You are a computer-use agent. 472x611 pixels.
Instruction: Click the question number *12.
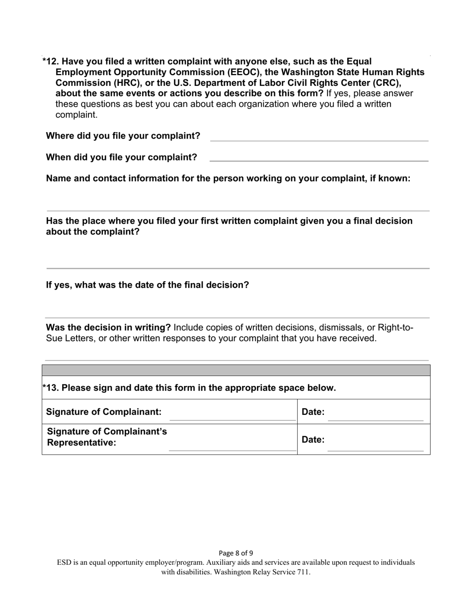click(51, 62)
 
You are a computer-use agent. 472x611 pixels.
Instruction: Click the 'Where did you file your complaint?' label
click(123, 136)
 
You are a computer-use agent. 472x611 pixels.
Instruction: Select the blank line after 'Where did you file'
click(319, 140)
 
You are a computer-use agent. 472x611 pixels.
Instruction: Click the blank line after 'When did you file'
click(319, 160)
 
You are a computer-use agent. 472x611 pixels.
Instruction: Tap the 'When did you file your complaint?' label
click(121, 157)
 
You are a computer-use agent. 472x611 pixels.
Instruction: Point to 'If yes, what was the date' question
click(148, 285)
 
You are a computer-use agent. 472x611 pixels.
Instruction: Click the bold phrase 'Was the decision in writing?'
click(108, 327)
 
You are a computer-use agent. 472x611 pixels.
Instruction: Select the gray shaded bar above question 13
click(236, 370)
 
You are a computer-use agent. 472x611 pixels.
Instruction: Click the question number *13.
click(51, 388)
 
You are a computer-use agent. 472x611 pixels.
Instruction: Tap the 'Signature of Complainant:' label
click(104, 412)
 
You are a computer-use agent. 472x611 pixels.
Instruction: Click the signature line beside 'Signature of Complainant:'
click(233, 420)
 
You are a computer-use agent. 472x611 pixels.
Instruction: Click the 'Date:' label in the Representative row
click(313, 440)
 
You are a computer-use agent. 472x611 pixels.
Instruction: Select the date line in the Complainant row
click(376, 420)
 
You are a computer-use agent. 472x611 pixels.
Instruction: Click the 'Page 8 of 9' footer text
click(236, 553)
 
